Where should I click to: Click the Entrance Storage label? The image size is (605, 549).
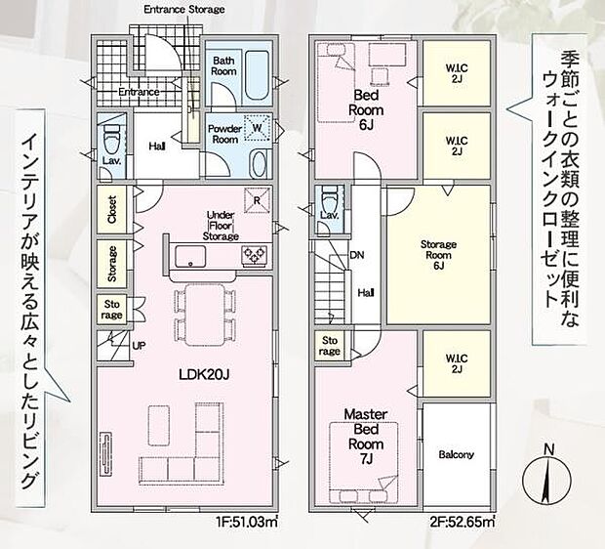(184, 9)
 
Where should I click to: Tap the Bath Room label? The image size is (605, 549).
(225, 65)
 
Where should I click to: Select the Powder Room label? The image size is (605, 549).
(225, 134)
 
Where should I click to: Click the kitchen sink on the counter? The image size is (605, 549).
(189, 257)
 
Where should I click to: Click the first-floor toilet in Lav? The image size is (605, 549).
(111, 131)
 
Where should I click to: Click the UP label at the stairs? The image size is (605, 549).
(141, 346)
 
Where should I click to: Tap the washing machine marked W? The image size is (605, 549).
(258, 130)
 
